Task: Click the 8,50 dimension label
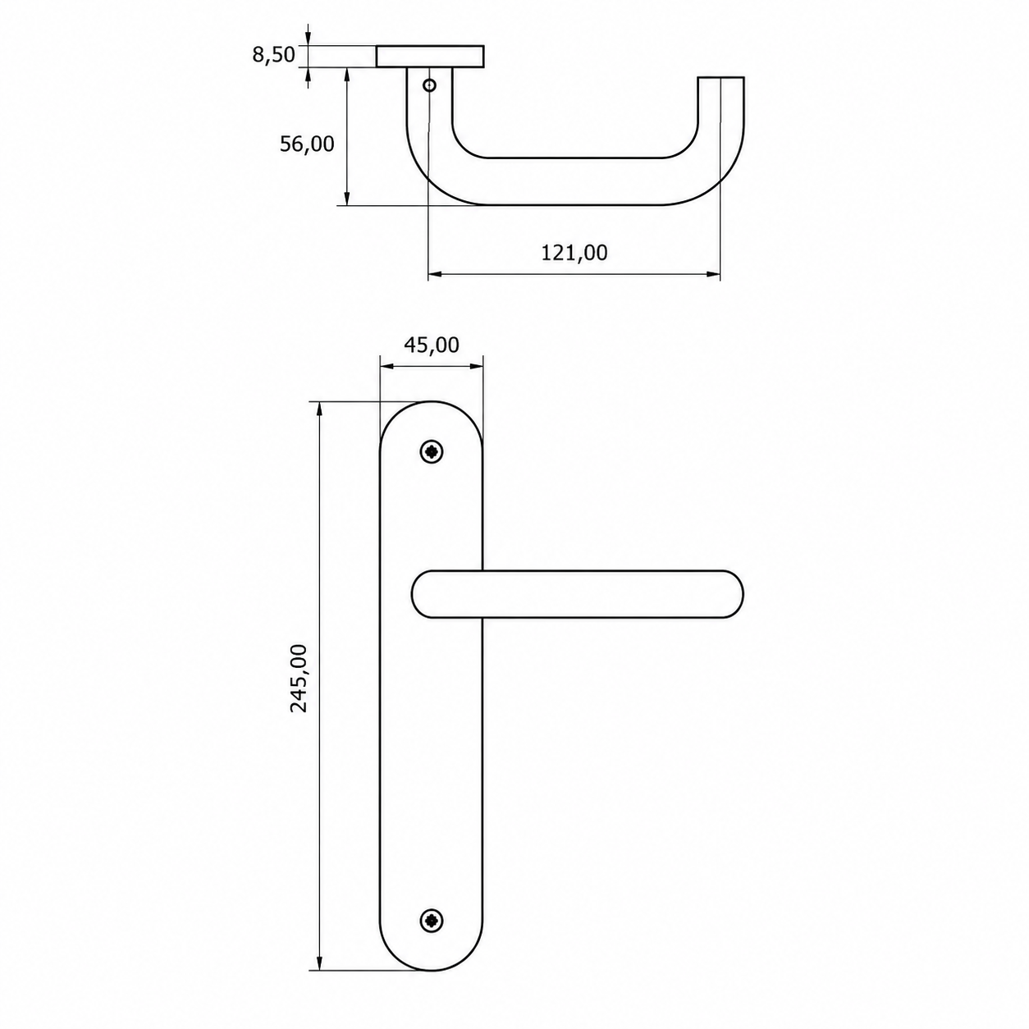click(x=273, y=55)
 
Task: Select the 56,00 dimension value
click(x=307, y=144)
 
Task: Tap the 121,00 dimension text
click(x=574, y=253)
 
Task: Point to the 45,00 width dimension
click(x=432, y=345)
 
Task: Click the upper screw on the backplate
click(x=432, y=452)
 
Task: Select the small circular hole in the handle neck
click(x=429, y=85)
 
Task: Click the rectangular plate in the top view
click(x=431, y=57)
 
